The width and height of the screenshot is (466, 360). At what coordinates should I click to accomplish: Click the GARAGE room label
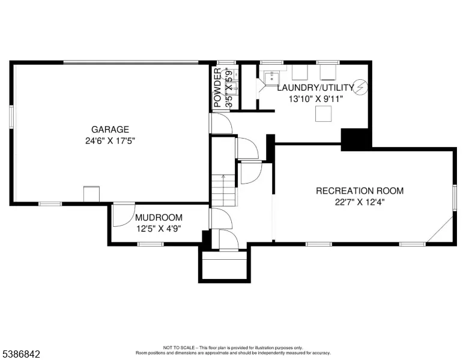click(110, 130)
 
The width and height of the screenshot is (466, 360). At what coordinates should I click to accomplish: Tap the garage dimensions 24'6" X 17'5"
click(110, 141)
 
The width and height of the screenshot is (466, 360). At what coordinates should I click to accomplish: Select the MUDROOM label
click(159, 218)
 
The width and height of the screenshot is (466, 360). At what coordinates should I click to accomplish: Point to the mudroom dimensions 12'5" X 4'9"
click(159, 229)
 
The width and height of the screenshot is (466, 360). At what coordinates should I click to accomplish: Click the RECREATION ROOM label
click(360, 191)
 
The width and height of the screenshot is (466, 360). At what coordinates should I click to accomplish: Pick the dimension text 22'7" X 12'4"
click(360, 202)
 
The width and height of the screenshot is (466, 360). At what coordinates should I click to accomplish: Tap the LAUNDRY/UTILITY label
click(316, 88)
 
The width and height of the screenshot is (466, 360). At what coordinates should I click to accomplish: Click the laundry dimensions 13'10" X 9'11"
click(316, 99)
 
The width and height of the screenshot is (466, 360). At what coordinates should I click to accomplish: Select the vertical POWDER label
click(217, 88)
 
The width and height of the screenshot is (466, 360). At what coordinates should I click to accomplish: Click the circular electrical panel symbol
click(360, 87)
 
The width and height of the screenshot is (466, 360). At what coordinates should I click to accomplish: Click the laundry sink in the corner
click(271, 78)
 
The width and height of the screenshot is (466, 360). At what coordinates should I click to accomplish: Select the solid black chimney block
click(355, 139)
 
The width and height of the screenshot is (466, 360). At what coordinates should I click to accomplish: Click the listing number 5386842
click(21, 354)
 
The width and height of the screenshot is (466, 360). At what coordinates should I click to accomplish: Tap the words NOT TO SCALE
click(179, 347)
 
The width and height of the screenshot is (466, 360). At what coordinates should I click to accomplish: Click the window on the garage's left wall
click(11, 117)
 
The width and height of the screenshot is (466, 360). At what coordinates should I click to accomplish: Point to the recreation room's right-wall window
click(455, 197)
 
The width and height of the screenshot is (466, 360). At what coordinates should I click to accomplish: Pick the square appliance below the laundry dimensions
click(323, 114)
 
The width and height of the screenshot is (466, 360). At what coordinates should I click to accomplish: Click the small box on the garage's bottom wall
click(91, 194)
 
